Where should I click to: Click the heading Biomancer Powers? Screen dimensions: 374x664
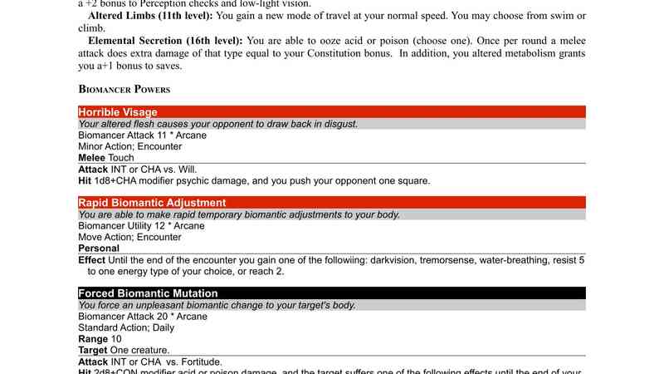124,88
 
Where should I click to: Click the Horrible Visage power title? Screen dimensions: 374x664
118,112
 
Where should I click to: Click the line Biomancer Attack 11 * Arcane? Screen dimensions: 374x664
142,135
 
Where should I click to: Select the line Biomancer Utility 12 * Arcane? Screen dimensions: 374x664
142,225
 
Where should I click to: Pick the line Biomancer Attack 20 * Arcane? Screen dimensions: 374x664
142,316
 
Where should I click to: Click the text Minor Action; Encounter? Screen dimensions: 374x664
129,146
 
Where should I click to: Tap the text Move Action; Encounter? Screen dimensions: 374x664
129,237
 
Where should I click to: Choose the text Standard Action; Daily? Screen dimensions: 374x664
127,327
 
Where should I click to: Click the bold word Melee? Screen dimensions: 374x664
92,157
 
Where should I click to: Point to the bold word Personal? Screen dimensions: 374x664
99,248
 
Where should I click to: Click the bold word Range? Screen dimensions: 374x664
93,339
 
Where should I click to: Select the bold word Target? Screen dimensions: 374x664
94,350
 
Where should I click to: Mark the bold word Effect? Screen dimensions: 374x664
92,260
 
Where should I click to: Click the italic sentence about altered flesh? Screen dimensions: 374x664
217,124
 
